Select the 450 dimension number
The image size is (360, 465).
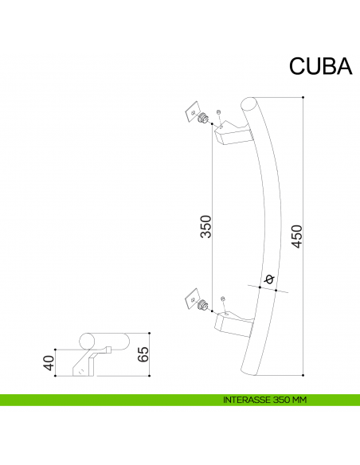tap(296, 235)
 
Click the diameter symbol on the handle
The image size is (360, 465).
tap(268, 279)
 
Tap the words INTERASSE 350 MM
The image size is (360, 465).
tap(265, 401)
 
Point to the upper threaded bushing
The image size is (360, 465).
tap(205, 119)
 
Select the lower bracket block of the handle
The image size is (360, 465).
tap(233, 322)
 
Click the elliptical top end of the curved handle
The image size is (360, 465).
tap(248, 106)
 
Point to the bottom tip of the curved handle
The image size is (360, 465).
tap(248, 373)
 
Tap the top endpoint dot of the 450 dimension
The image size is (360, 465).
tap(304, 97)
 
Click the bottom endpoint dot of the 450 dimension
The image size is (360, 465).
tap(304, 373)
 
